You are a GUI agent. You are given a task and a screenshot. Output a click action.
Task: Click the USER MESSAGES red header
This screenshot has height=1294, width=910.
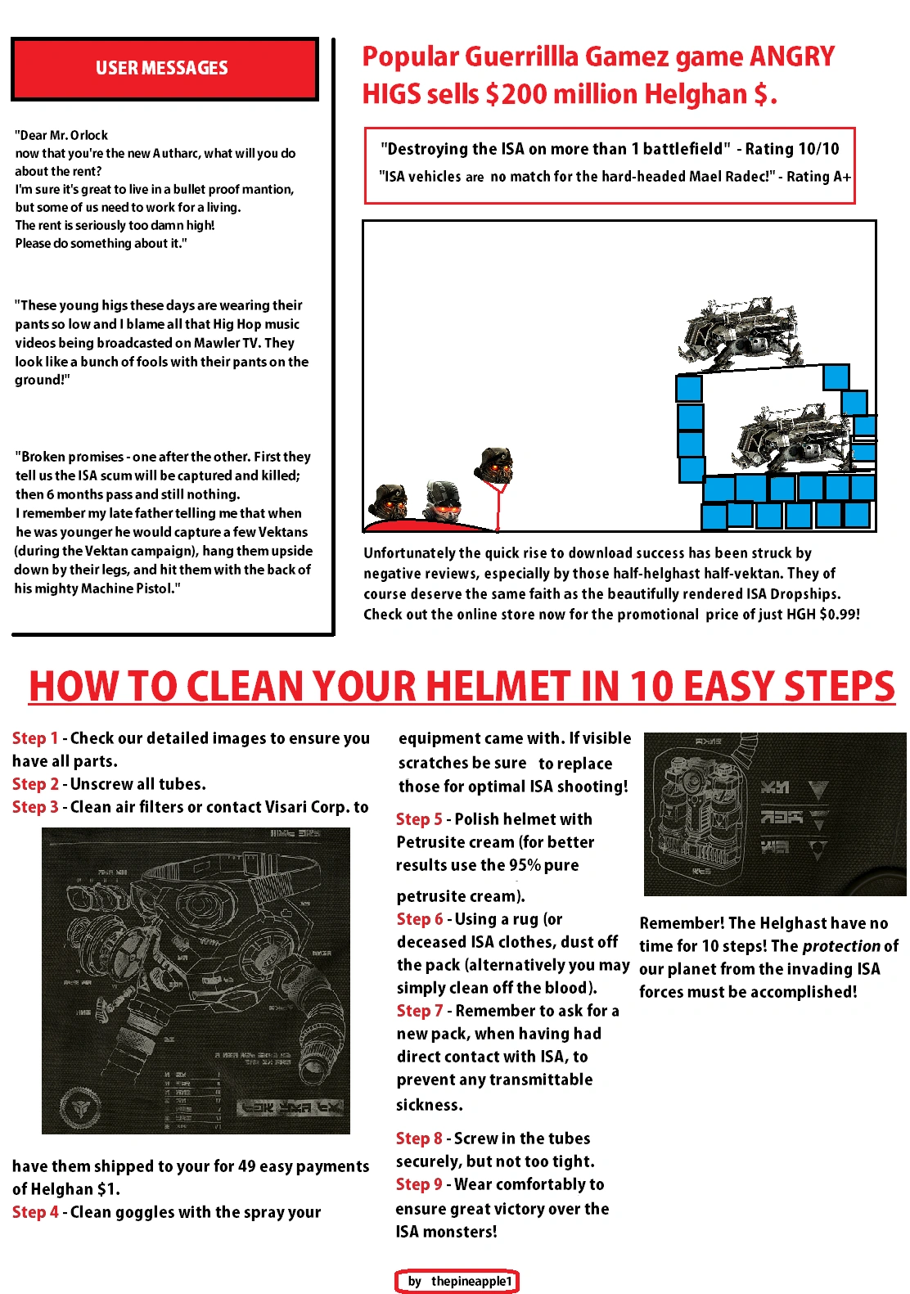tap(164, 69)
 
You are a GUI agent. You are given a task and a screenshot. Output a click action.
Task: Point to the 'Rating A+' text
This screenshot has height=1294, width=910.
tap(818, 177)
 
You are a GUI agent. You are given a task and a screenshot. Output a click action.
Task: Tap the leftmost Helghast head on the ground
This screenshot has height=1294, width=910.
tap(389, 501)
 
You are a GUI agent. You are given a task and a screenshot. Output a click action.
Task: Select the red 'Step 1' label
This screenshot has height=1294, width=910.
tap(34, 738)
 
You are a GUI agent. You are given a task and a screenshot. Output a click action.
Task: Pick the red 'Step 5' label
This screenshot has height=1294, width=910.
tap(418, 819)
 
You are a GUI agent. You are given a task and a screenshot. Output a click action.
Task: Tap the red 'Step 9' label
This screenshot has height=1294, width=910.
tap(418, 1184)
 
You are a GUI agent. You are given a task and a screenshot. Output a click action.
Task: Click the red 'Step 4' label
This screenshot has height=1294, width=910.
tap(34, 1212)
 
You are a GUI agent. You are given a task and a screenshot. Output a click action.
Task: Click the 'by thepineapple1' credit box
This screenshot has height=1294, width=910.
tap(457, 1281)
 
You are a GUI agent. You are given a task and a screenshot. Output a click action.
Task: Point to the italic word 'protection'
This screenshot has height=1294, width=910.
tap(840, 946)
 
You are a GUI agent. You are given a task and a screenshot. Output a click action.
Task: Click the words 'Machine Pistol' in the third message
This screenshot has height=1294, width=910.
tap(127, 588)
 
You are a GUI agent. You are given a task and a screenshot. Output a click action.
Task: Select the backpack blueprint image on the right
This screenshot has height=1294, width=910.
tap(774, 814)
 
